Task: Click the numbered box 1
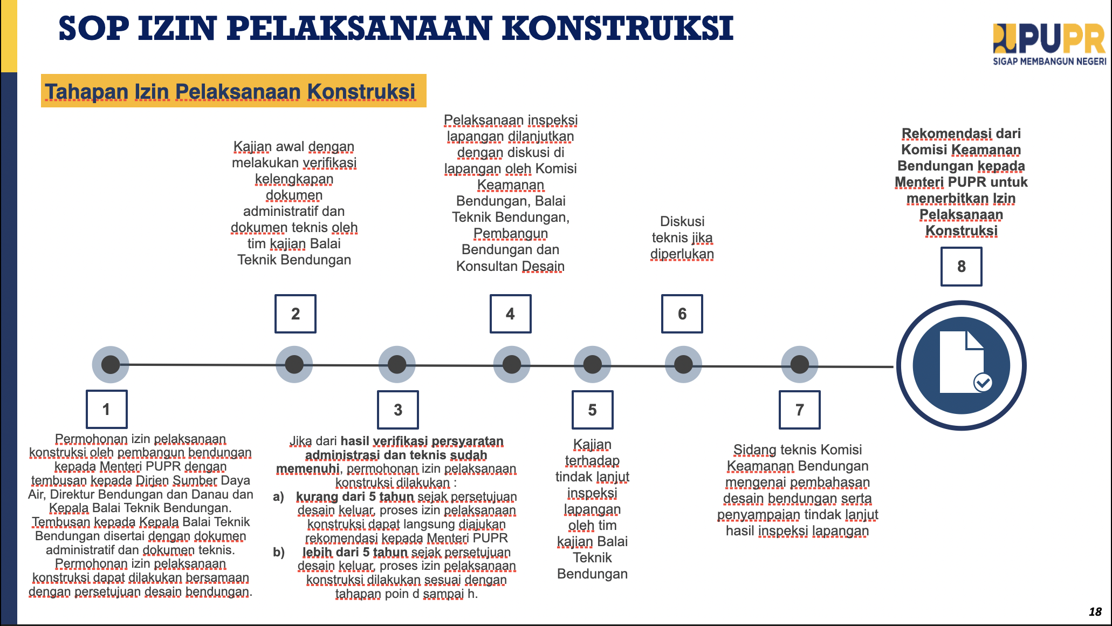coord(106,409)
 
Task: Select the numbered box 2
coord(295,314)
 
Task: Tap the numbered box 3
coord(397,410)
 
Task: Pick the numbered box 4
coord(510,314)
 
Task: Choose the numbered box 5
coord(592,410)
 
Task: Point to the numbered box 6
coord(682,314)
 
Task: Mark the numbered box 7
coord(799,410)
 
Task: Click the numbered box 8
coord(961,266)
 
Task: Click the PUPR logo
coord(1048,39)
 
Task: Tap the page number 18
coord(1095,611)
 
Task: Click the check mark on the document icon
coord(983,383)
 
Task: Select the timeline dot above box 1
coord(111,365)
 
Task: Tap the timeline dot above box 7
coord(799,365)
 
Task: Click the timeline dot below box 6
coord(683,365)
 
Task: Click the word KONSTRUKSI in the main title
coord(617,28)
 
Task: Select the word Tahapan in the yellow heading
coord(87,92)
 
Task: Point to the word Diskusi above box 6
coord(682,221)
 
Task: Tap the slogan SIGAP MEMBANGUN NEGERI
coord(1049,62)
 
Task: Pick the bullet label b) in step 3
coord(279,552)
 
